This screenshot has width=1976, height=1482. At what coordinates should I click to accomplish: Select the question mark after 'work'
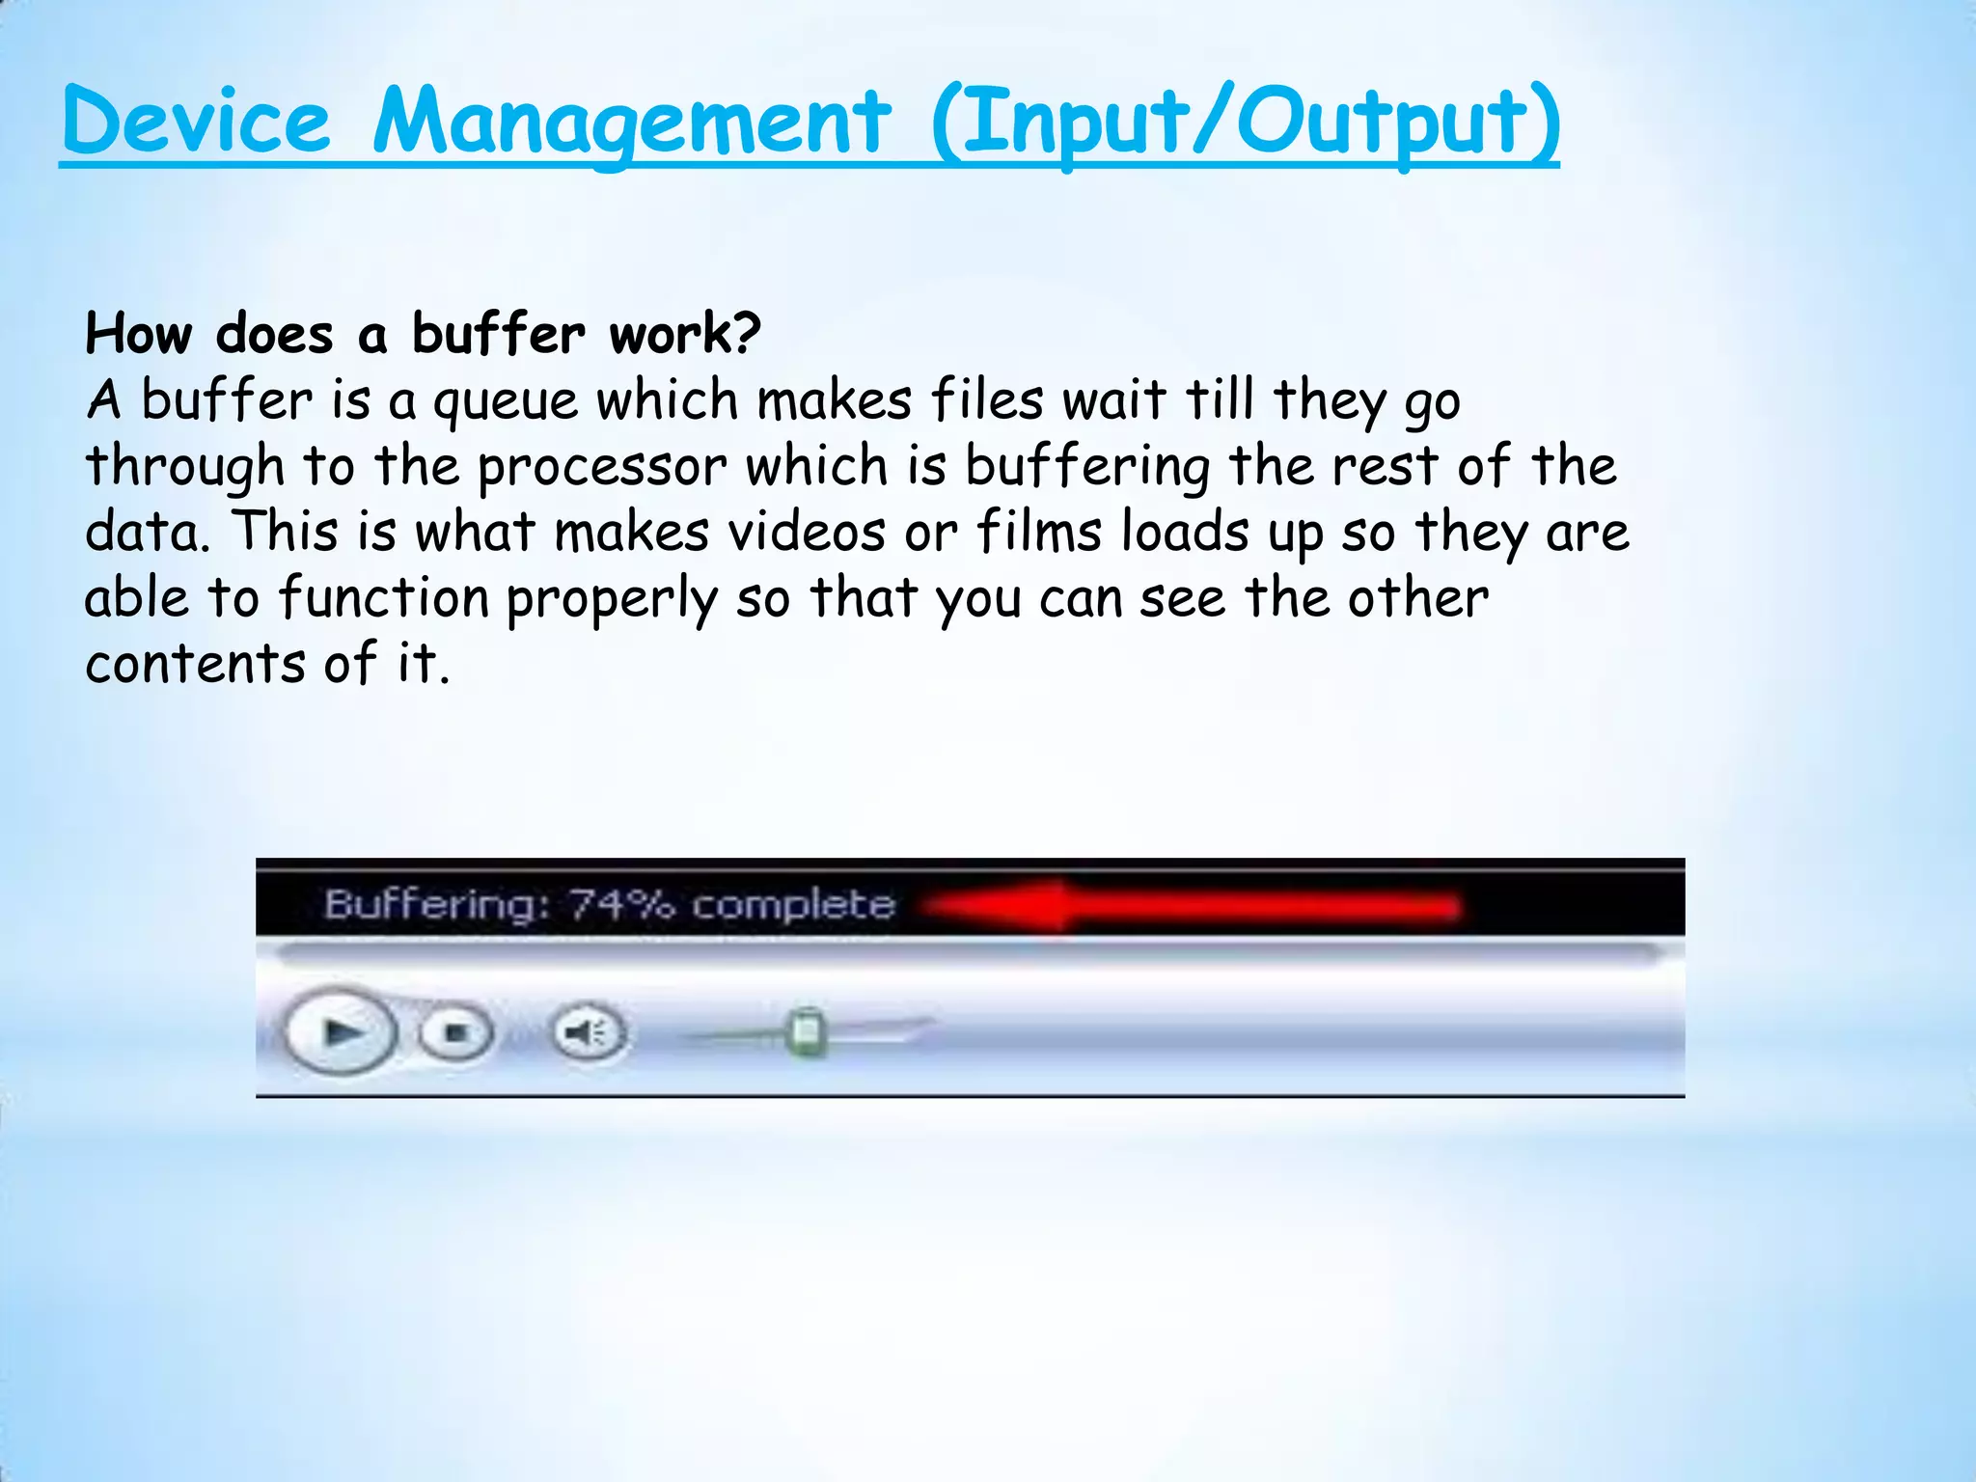tap(746, 334)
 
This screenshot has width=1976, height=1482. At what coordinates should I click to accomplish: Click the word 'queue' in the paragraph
tap(506, 402)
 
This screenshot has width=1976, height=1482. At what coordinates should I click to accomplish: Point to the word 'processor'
tap(602, 468)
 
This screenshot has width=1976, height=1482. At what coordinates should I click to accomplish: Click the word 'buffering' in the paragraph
tap(1087, 468)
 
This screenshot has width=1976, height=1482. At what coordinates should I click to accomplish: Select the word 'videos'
tap(807, 533)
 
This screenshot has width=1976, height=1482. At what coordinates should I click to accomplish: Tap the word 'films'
tap(1039, 533)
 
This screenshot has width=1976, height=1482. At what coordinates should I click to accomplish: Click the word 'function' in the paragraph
tap(384, 598)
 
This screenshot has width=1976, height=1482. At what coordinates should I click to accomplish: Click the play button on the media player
tap(341, 1033)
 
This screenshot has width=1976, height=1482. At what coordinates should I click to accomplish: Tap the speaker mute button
tap(589, 1033)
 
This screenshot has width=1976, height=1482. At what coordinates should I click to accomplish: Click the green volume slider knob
tap(806, 1032)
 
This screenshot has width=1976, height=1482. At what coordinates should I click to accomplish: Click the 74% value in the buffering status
tap(621, 905)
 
